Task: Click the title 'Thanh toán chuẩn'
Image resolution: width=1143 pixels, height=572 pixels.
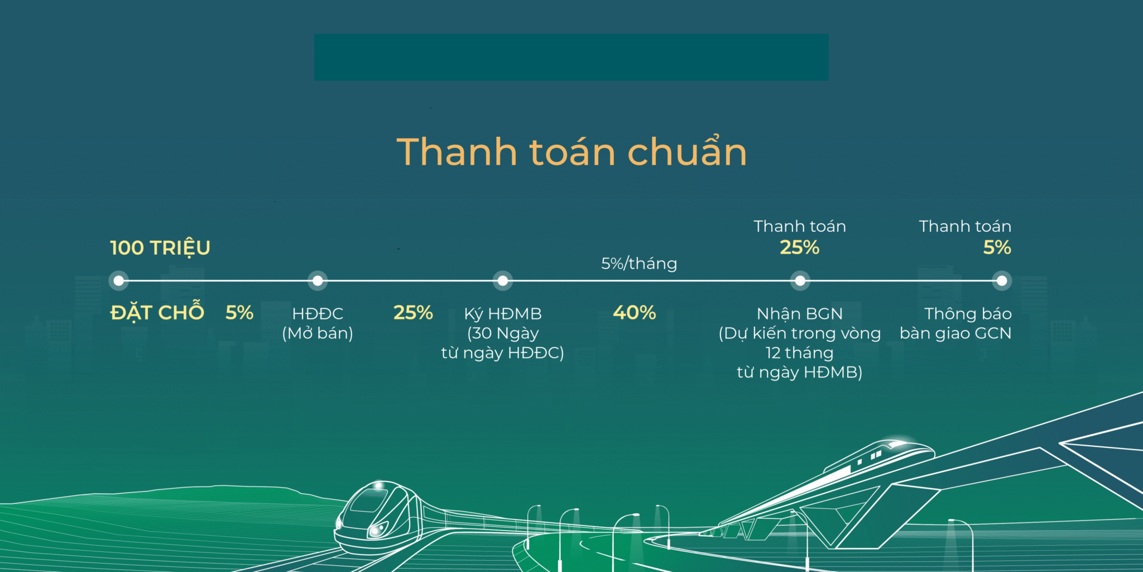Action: (571, 151)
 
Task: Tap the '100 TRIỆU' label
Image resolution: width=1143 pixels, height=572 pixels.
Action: (160, 247)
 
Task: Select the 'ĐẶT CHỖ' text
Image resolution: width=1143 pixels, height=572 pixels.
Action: (157, 312)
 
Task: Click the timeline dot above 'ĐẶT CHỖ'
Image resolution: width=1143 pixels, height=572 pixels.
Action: (119, 280)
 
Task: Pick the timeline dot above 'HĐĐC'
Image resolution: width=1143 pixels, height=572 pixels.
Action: (318, 280)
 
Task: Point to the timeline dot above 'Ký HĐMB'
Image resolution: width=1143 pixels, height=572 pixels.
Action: (503, 280)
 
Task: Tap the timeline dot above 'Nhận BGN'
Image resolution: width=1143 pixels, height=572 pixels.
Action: (800, 280)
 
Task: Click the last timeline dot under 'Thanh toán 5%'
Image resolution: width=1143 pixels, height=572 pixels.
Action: (1002, 280)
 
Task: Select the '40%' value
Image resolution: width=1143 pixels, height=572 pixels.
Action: (635, 312)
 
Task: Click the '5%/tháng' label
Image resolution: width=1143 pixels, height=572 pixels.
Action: (639, 263)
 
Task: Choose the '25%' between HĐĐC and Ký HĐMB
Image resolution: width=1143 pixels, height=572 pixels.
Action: (413, 312)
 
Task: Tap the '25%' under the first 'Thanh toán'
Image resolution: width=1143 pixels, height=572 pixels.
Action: (800, 247)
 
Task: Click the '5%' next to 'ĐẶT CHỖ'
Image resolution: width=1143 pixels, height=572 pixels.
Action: (239, 312)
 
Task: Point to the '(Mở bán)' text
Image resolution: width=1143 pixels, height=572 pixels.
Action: (318, 333)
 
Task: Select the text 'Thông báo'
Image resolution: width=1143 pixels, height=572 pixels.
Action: (968, 313)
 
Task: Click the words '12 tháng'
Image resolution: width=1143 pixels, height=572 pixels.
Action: (799, 353)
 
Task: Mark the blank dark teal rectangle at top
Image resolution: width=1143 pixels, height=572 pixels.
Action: (571, 57)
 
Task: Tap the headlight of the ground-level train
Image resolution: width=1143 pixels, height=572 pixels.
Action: (378, 529)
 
